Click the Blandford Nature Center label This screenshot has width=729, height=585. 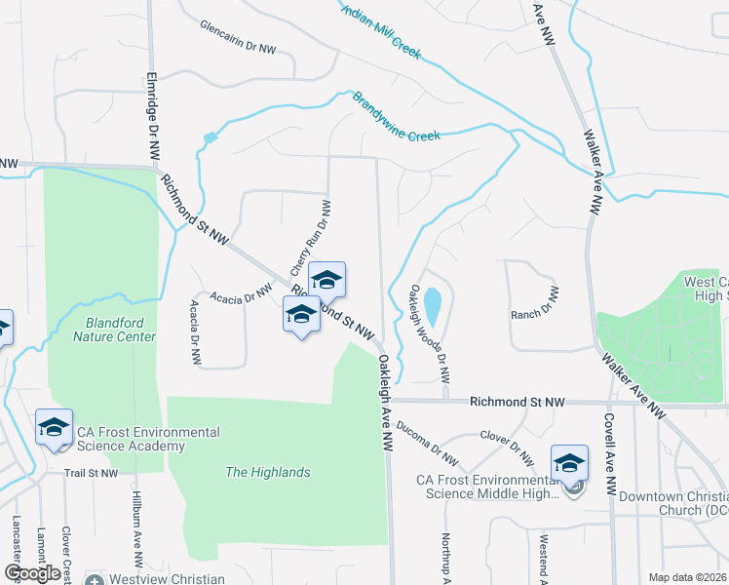pyautogui.click(x=114, y=330)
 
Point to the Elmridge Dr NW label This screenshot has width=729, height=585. pyautogui.click(x=152, y=117)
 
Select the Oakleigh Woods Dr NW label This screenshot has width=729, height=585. pyautogui.click(x=430, y=321)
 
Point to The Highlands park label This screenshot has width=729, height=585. pyautogui.click(x=267, y=472)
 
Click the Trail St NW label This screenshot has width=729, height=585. pyautogui.click(x=91, y=473)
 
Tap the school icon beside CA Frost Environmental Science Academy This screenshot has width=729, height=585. pyautogui.click(x=54, y=427)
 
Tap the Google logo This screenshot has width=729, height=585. pyautogui.click(x=33, y=573)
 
